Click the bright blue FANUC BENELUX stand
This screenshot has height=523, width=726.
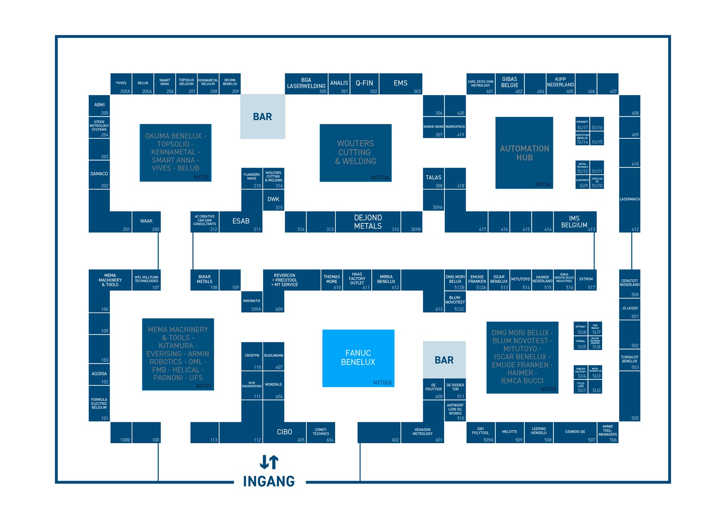coord(358,358)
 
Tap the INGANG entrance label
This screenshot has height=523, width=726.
coord(269,481)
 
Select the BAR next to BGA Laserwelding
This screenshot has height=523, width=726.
coord(263,117)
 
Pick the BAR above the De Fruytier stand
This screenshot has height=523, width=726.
coord(444,360)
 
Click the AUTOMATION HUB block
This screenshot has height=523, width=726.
coord(524,153)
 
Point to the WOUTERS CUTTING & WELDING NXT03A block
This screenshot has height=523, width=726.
coord(355,152)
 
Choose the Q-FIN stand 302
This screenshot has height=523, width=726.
coord(364,83)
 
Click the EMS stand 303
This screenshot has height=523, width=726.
coord(401,83)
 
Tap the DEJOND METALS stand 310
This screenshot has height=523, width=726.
coord(368,222)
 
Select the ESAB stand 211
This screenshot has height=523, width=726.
coord(241,221)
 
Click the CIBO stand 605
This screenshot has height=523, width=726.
coord(284,432)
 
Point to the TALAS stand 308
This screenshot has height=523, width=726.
coord(434,178)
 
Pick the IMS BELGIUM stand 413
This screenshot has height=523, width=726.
coord(574,222)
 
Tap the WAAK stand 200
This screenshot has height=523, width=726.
coord(146,222)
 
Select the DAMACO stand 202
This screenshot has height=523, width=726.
coord(99,175)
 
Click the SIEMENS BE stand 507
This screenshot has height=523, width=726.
coord(575,432)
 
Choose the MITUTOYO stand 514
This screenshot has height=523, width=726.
coord(521,280)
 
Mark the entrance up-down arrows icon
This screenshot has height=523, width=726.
coord(269,462)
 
